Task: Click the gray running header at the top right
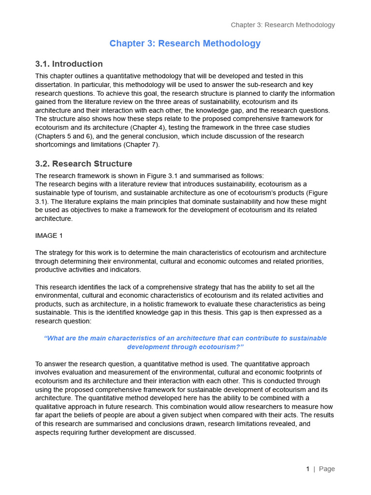[x=283, y=25]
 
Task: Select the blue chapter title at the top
[x=185, y=44]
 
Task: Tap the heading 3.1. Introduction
[x=69, y=64]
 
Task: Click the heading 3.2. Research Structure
[x=84, y=163]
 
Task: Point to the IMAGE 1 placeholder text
[x=49, y=235]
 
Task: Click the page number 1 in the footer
[x=308, y=469]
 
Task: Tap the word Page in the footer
[x=327, y=469]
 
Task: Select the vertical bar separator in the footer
[x=314, y=469]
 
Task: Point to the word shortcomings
[x=57, y=145]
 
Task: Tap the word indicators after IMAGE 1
[x=125, y=270]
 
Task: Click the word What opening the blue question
[x=53, y=338]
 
